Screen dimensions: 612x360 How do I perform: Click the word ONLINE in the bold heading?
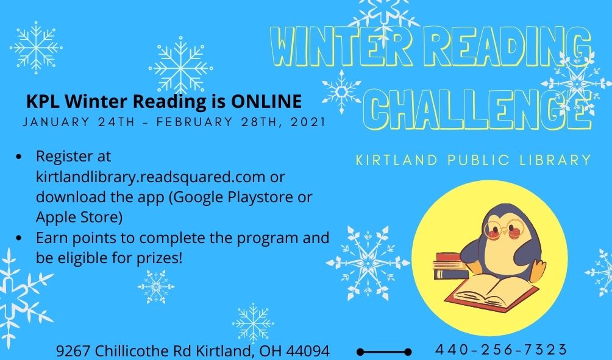coord(266,101)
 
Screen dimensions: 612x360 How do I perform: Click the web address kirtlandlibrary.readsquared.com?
coord(151,177)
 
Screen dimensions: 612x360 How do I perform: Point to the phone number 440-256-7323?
coord(501,348)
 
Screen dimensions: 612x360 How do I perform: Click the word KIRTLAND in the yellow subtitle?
coord(397,160)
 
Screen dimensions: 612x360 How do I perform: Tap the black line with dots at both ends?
coord(384,352)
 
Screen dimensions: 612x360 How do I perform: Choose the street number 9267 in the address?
coord(73,351)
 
